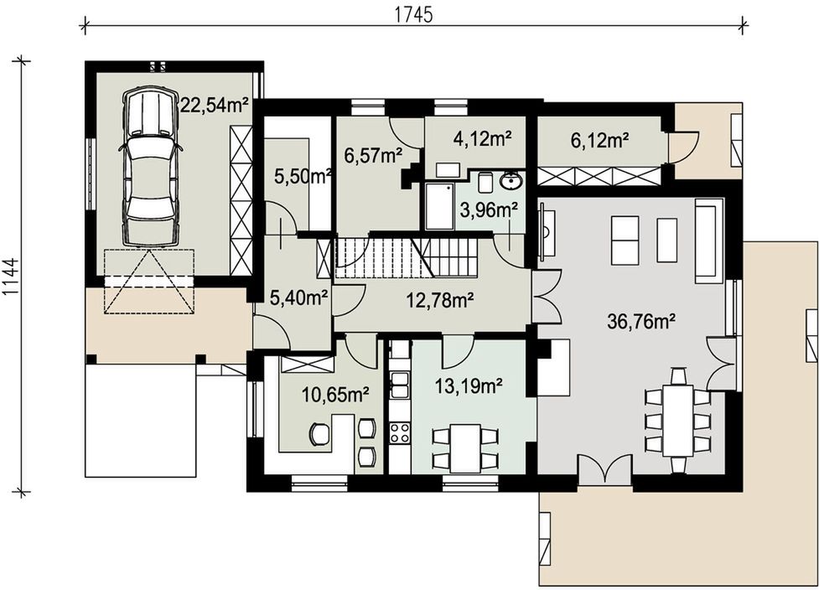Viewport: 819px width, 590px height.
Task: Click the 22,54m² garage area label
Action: pyautogui.click(x=214, y=105)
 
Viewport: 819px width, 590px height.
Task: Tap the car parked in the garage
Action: pyautogui.click(x=150, y=165)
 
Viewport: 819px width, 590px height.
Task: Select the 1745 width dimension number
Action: pyautogui.click(x=412, y=15)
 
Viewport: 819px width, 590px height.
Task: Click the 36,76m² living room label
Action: pyautogui.click(x=642, y=321)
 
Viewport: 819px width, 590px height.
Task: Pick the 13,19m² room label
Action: pyautogui.click(x=469, y=386)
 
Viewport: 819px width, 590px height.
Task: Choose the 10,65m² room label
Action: pyautogui.click(x=336, y=395)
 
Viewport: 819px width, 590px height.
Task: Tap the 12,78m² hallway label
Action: pyautogui.click(x=440, y=299)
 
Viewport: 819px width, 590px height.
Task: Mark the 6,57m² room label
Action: pyautogui.click(x=373, y=154)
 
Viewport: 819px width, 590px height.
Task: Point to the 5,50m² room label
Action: pyautogui.click(x=303, y=177)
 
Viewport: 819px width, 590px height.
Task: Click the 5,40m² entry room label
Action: pyautogui.click(x=298, y=298)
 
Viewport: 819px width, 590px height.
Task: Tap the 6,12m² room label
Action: pyautogui.click(x=599, y=140)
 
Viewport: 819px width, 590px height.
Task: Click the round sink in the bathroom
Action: pyautogui.click(x=511, y=182)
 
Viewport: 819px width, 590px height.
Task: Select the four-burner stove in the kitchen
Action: pyautogui.click(x=400, y=432)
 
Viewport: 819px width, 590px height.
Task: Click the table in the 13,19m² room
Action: pyautogui.click(x=465, y=448)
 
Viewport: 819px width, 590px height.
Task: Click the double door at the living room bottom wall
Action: pyautogui.click(x=605, y=468)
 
